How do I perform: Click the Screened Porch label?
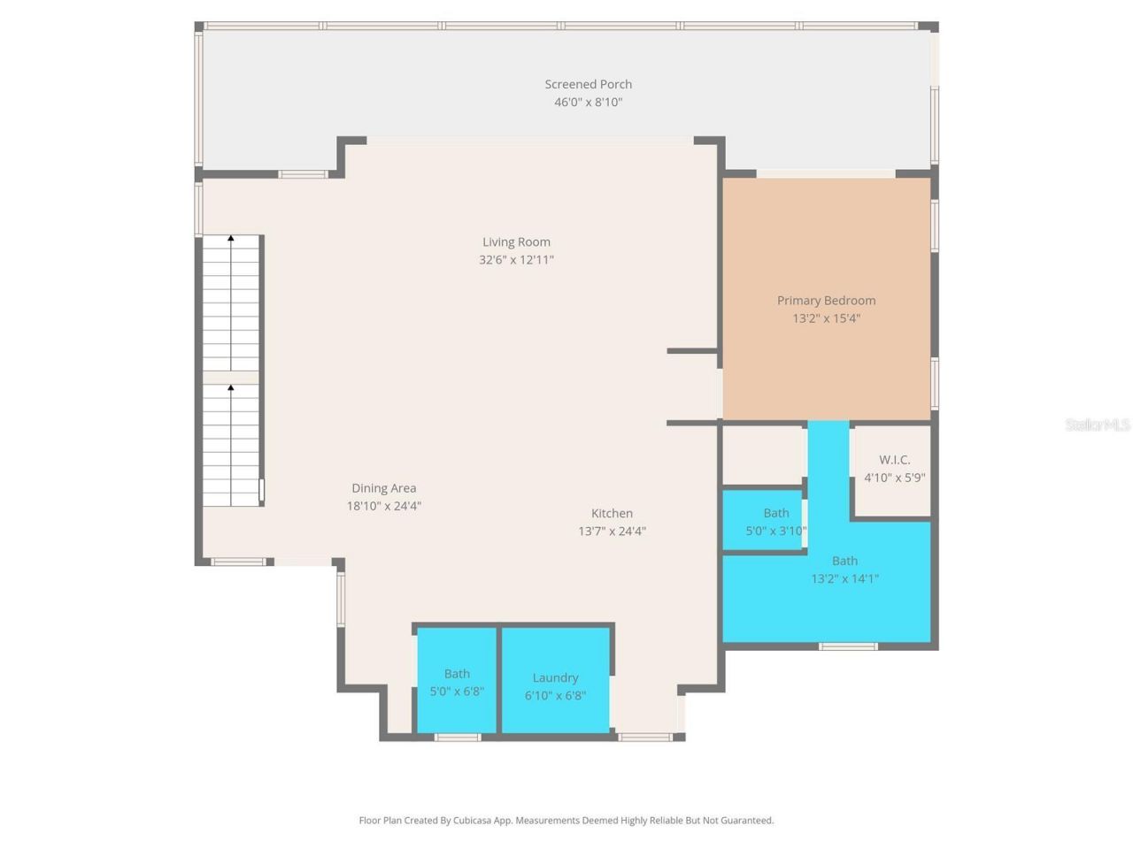click(x=588, y=84)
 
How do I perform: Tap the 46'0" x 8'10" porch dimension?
click(x=588, y=102)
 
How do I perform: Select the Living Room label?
click(x=516, y=241)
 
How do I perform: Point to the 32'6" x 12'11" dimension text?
click(x=516, y=260)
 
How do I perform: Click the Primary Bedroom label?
click(x=826, y=301)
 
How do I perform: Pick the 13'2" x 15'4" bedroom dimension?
click(x=826, y=318)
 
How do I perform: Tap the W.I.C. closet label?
click(x=894, y=460)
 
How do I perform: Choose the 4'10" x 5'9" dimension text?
click(x=894, y=478)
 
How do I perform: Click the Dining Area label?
click(x=383, y=488)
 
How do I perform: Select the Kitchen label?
click(x=612, y=513)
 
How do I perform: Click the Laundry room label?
click(x=555, y=677)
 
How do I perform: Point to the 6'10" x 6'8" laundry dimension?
click(x=555, y=696)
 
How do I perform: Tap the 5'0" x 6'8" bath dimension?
click(x=457, y=692)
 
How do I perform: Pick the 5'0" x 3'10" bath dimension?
click(x=775, y=532)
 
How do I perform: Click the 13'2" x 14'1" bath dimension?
click(x=844, y=579)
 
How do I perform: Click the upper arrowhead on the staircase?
click(x=231, y=238)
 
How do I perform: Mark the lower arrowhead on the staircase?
click(x=231, y=387)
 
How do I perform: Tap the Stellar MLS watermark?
click(x=1097, y=425)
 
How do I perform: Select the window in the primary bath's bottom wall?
click(x=847, y=646)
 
